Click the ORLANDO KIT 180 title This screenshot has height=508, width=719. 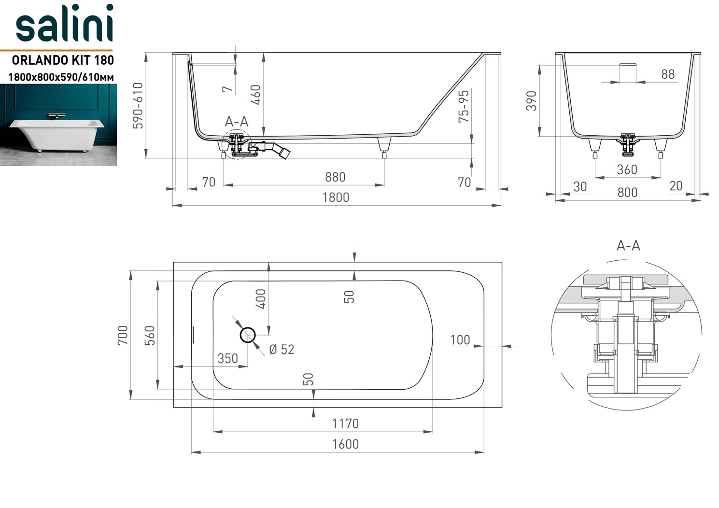click(63, 60)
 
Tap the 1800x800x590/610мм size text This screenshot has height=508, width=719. click(61, 76)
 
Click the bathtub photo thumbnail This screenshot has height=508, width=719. click(58, 125)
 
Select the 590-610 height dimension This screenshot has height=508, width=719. click(138, 106)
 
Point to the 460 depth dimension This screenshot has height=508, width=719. click(256, 95)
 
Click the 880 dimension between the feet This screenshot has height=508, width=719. click(335, 177)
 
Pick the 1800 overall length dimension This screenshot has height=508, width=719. click(336, 198)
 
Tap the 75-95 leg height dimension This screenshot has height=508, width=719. click(464, 106)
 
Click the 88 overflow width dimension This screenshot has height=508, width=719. click(668, 74)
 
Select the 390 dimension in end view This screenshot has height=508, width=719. click(531, 100)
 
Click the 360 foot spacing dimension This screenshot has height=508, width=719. click(627, 170)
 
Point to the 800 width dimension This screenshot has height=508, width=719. click(627, 193)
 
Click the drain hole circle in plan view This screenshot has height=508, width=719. click(248, 335)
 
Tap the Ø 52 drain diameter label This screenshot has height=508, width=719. click(282, 350)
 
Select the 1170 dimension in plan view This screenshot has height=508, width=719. click(345, 424)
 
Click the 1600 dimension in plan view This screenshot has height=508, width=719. click(345, 444)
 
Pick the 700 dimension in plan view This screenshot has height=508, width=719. click(123, 335)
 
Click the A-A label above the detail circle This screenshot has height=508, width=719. click(628, 246)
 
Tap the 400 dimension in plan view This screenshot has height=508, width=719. click(261, 299)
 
